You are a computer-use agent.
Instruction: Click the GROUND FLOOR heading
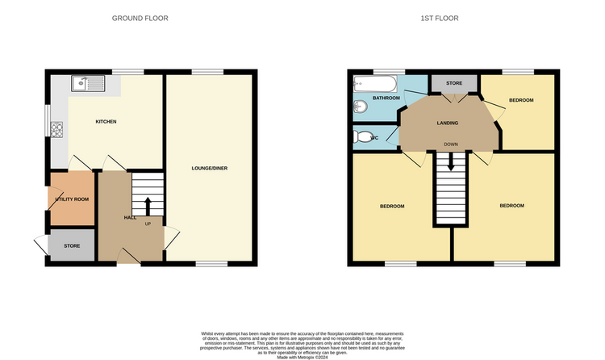(x=140, y=18)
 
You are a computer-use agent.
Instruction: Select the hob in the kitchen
(x=57, y=128)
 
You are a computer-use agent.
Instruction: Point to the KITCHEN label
(x=106, y=122)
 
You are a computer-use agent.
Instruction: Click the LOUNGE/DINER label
(x=207, y=169)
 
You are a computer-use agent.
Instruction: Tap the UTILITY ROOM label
(x=72, y=199)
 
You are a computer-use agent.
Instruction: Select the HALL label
(x=130, y=218)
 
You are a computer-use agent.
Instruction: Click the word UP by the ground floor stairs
(x=148, y=224)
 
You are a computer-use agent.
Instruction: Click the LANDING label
(x=447, y=123)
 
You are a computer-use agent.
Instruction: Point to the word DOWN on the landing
(x=451, y=145)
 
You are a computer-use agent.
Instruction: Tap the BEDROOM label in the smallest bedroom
(x=520, y=100)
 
